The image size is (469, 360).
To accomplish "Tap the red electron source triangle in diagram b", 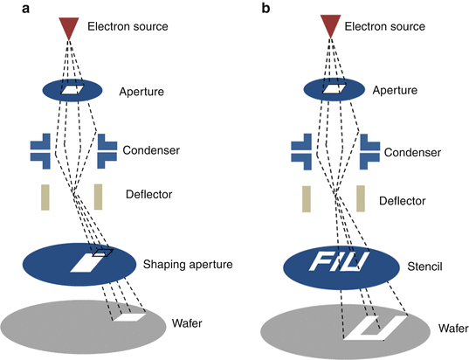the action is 330,24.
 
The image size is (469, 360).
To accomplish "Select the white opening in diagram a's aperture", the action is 72,89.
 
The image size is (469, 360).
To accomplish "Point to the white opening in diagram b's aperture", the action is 335,88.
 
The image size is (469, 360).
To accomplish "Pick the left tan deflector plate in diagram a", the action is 45,197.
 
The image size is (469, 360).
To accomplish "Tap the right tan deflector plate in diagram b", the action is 361,198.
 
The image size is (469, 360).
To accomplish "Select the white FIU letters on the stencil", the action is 339,261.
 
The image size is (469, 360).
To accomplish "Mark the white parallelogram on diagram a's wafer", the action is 129,317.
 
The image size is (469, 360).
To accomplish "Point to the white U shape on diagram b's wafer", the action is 375,328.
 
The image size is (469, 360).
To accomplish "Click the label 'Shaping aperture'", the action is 188,265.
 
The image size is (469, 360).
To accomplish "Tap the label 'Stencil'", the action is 424,267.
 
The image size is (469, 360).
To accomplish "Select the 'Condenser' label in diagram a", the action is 151,150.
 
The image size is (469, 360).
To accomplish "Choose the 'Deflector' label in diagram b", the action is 403,201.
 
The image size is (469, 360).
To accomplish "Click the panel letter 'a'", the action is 25,9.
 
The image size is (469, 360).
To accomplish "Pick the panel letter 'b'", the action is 266,8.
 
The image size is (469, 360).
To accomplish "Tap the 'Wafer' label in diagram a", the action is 187,323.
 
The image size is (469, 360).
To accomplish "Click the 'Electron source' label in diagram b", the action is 384,26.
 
